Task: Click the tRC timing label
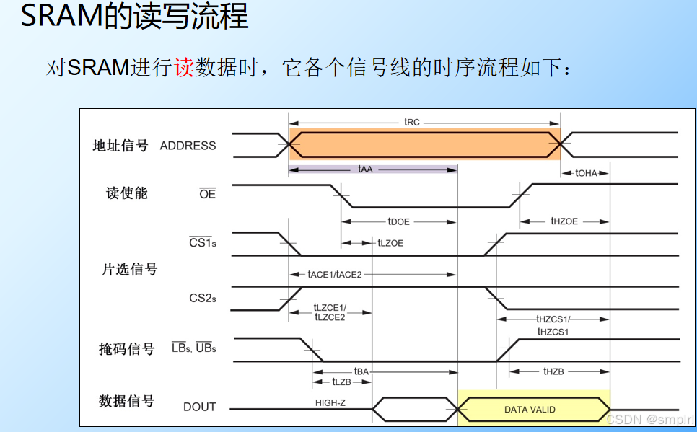pyautogui.click(x=411, y=122)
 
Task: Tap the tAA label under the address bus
pyautogui.click(x=365, y=169)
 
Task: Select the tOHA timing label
pyautogui.click(x=586, y=173)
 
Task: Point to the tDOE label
pyautogui.click(x=398, y=222)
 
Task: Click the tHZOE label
pyautogui.click(x=564, y=221)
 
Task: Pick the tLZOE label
pyautogui.click(x=390, y=243)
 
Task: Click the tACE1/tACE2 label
pyautogui.click(x=335, y=275)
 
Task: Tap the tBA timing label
pyautogui.click(x=361, y=371)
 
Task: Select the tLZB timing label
pyautogui.click(x=341, y=382)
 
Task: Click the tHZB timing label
pyautogui.click(x=553, y=371)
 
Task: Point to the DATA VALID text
pyautogui.click(x=530, y=410)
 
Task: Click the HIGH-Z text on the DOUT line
pyautogui.click(x=330, y=403)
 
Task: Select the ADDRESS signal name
pyautogui.click(x=188, y=146)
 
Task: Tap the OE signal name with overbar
pyautogui.click(x=208, y=193)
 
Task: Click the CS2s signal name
pyautogui.click(x=203, y=299)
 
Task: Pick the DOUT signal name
pyautogui.click(x=200, y=407)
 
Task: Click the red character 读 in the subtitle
pyautogui.click(x=184, y=68)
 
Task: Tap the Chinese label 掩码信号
pyautogui.click(x=127, y=349)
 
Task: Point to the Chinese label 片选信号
pyautogui.click(x=129, y=269)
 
